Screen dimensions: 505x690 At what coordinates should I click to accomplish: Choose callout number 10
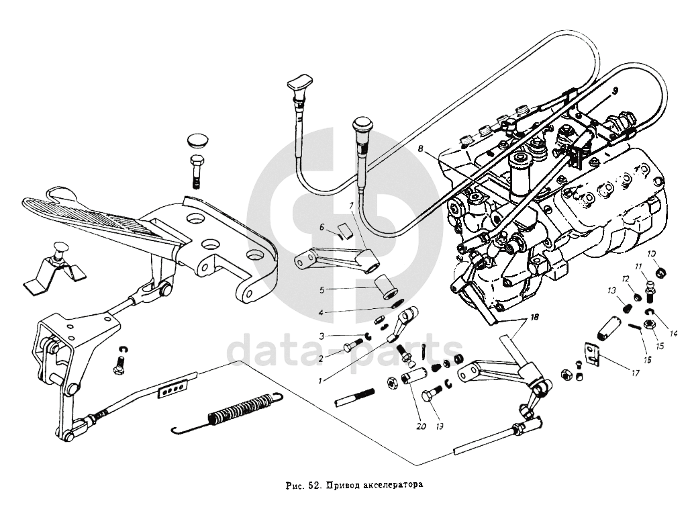651,253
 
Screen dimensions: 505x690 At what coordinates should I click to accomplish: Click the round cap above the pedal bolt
196,141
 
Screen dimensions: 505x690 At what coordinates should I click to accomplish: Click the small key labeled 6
346,231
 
